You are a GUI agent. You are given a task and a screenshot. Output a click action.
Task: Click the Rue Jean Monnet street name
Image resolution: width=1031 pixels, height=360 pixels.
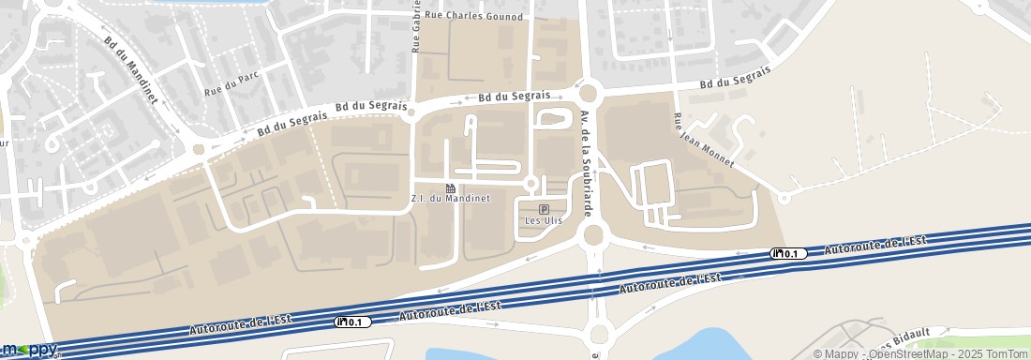tap(703, 141)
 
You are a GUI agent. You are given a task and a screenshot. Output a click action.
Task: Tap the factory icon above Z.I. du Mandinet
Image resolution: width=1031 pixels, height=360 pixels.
tap(451, 188)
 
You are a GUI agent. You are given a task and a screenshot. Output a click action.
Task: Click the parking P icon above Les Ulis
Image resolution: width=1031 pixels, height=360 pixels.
tap(544, 208)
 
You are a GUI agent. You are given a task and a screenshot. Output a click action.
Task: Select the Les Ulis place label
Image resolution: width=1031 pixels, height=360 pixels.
tap(544, 220)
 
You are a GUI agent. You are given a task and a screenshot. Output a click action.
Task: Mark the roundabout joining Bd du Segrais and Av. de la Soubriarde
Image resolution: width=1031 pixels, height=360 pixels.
tap(589, 92)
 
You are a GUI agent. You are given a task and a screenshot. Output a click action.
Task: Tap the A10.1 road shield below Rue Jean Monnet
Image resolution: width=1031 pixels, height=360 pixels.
tap(787, 253)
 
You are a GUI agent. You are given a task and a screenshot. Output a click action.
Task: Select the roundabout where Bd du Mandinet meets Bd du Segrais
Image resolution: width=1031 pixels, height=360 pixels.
tap(199, 148)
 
